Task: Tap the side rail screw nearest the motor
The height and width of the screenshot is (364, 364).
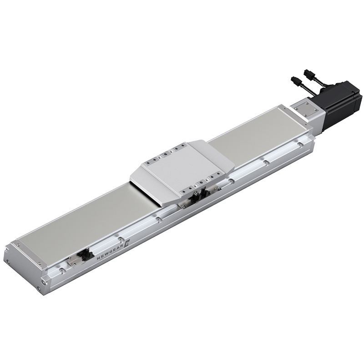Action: [300, 144]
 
